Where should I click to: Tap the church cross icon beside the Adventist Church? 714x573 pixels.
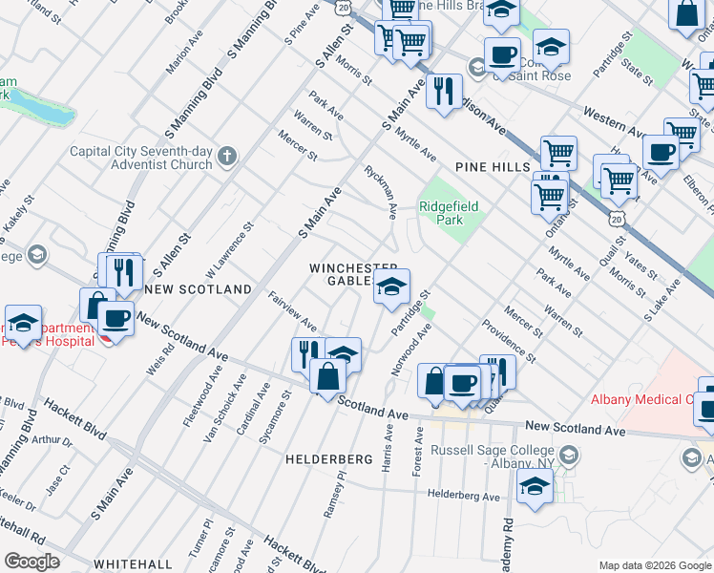(x=226, y=156)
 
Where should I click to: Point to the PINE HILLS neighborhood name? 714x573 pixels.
(x=493, y=167)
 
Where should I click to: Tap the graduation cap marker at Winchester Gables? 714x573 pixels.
(x=390, y=286)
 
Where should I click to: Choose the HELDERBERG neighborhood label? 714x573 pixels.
(x=328, y=459)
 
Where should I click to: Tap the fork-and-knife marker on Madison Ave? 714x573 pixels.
(x=443, y=92)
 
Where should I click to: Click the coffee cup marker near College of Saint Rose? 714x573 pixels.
(x=501, y=54)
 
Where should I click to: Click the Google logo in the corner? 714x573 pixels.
(x=32, y=562)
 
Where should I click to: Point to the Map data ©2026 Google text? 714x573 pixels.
(x=654, y=565)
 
